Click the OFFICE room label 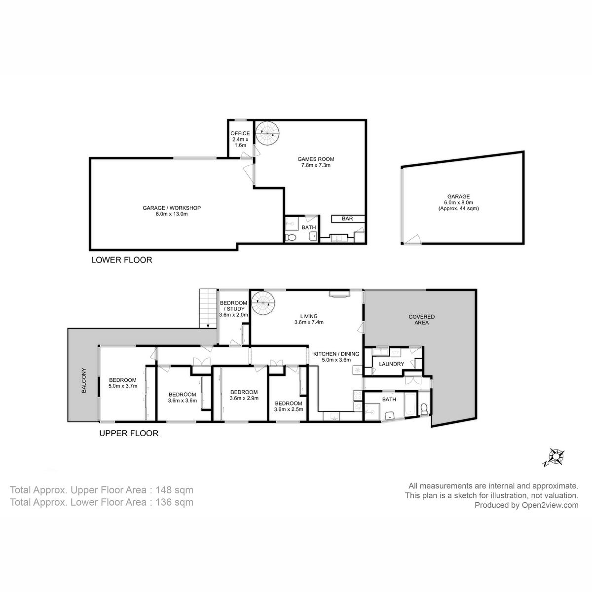[x=241, y=133]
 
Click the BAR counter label [x=347, y=218]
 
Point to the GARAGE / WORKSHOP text [x=172, y=208]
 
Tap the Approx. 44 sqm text [x=458, y=209]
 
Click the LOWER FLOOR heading [x=122, y=260]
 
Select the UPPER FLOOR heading [x=129, y=434]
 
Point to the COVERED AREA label [x=421, y=320]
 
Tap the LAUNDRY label [x=392, y=364]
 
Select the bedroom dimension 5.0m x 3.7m [x=123, y=386]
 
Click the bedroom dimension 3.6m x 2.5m [x=289, y=408]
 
